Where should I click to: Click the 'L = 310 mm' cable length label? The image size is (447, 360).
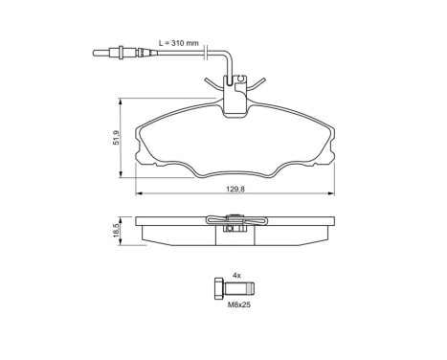point(180,44)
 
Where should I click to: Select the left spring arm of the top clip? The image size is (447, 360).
point(212,84)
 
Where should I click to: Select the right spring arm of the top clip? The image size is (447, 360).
point(257,84)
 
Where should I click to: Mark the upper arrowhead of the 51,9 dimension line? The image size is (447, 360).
point(121,100)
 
